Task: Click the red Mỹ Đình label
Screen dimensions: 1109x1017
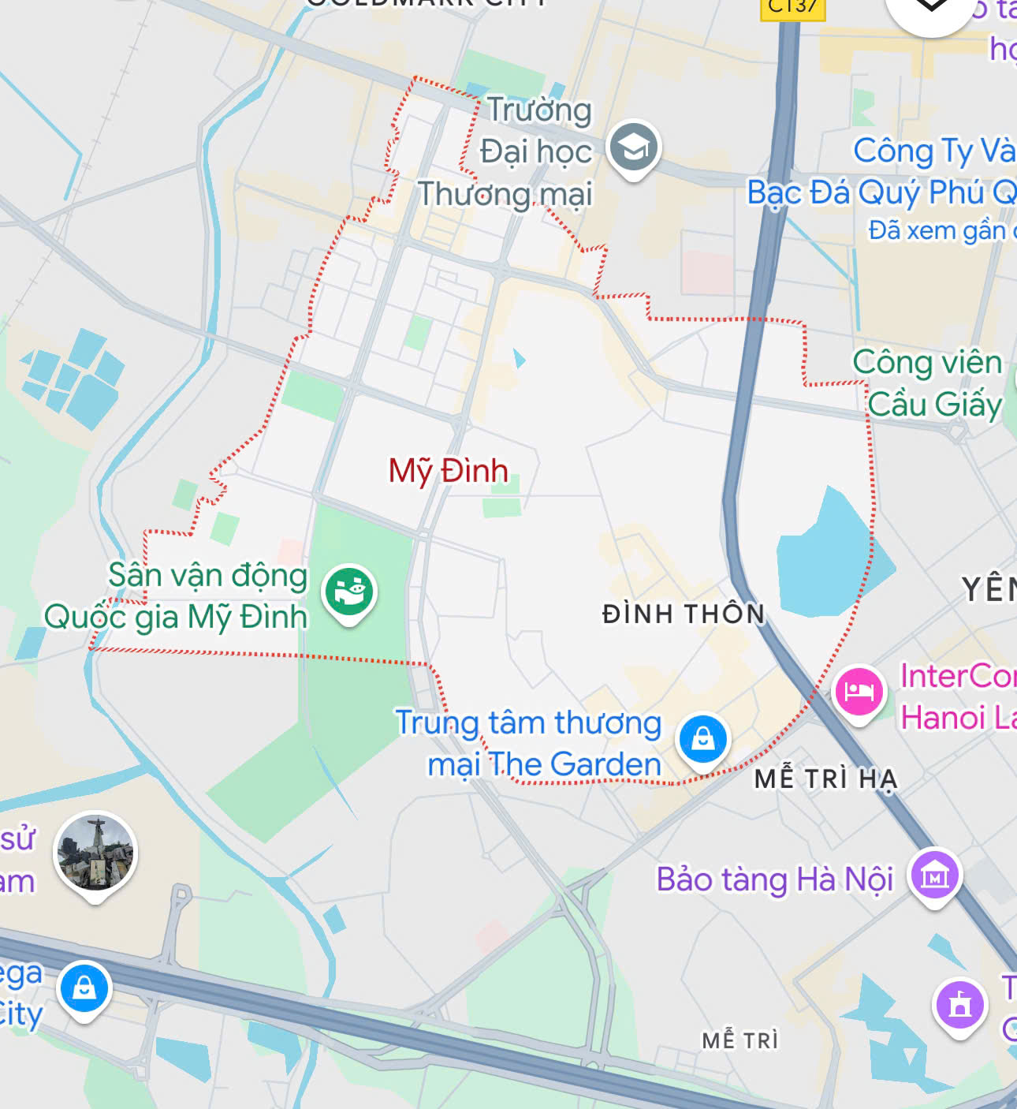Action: point(448,471)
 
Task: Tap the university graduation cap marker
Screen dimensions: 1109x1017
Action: point(634,147)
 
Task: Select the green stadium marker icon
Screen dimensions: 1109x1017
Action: point(349,592)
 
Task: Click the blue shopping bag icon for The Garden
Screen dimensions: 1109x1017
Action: point(703,740)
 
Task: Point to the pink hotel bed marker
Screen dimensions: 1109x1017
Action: point(859,692)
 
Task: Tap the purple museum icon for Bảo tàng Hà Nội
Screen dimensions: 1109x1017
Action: point(934,876)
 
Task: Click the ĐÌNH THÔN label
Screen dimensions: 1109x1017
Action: point(684,614)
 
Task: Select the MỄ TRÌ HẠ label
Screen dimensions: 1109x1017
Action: point(825,779)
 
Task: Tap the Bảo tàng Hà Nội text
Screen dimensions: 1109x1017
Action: point(775,879)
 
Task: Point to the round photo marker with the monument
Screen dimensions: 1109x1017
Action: point(95,853)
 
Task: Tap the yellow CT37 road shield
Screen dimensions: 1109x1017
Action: point(792,7)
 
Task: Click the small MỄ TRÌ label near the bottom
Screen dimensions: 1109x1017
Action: point(739,1040)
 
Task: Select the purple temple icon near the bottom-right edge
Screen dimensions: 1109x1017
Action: point(959,1003)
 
